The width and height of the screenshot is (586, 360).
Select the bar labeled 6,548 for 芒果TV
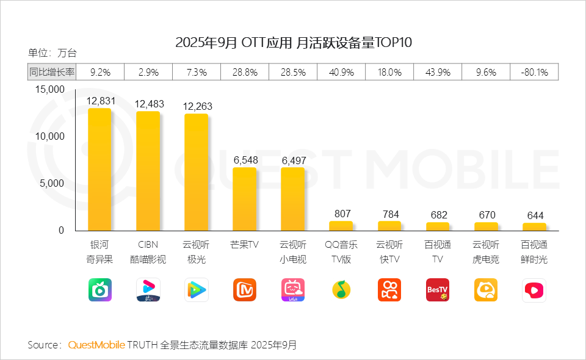(245, 199)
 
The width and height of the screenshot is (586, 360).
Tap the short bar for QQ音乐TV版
(341, 226)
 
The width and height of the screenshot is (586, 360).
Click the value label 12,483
(148, 104)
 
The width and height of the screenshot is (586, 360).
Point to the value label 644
(535, 215)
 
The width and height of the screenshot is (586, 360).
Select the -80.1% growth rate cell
(534, 72)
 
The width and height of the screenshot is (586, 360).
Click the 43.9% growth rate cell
(438, 72)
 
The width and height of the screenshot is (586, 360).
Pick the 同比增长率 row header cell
(52, 72)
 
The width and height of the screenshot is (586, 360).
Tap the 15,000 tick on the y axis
(49, 89)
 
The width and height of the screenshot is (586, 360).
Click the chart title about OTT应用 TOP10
(294, 43)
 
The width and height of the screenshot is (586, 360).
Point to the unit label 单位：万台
(52, 53)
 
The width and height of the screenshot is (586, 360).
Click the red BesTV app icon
(438, 290)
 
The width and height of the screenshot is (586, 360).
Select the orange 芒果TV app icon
(245, 290)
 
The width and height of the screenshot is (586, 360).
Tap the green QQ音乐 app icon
(341, 290)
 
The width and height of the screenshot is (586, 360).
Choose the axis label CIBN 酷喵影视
(148, 252)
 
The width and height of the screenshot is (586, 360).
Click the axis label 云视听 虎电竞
(486, 252)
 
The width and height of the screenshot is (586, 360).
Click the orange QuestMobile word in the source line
(96, 345)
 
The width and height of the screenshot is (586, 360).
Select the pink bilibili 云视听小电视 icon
(293, 290)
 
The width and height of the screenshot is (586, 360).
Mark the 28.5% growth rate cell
(293, 72)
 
